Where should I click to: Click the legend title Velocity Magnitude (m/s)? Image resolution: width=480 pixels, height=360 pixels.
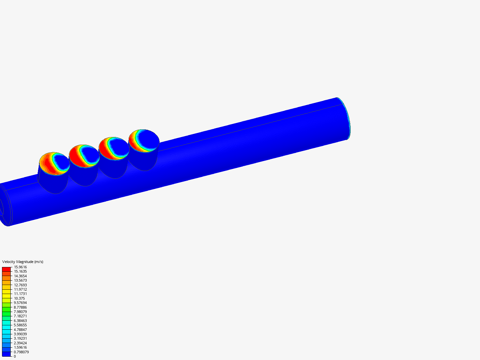(23, 262)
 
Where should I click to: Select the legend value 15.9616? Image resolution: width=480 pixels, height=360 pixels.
(20, 267)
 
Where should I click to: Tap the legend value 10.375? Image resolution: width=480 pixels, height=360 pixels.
(19, 298)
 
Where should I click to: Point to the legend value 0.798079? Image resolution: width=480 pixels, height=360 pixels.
(21, 352)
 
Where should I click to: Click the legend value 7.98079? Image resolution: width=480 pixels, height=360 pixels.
(20, 312)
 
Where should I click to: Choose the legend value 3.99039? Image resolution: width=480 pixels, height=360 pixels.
(20, 334)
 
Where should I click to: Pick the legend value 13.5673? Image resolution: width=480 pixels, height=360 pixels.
(20, 280)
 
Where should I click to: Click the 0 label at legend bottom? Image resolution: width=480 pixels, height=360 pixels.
(15, 356)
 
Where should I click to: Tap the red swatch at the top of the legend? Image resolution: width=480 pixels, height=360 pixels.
(6, 269)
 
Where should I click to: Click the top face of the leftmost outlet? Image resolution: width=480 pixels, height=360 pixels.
(54, 164)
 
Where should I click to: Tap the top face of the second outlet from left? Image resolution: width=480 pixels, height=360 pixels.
(84, 156)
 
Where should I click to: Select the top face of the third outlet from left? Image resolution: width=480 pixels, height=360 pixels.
(114, 148)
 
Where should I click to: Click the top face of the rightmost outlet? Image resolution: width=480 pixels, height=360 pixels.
(144, 141)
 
